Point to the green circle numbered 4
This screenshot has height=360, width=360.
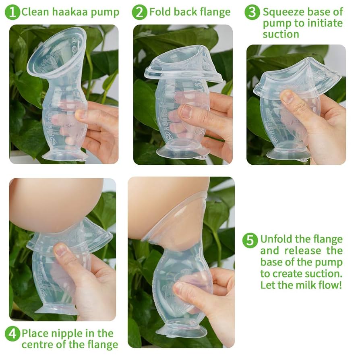[12, 334]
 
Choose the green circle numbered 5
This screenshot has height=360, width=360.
[250, 240]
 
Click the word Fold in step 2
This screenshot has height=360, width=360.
[159, 12]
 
